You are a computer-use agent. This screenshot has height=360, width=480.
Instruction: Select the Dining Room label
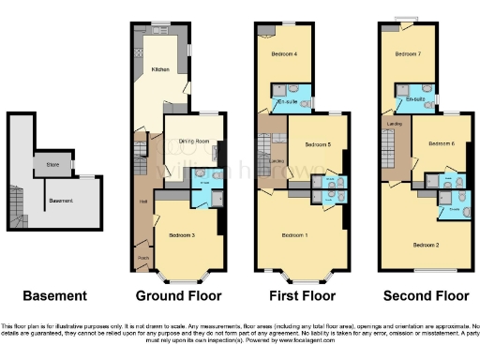pyautogui.click(x=191, y=142)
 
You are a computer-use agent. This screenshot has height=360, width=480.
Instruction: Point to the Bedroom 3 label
pyautogui.click(x=182, y=234)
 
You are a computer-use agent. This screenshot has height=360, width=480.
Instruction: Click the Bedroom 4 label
pyautogui.click(x=284, y=54)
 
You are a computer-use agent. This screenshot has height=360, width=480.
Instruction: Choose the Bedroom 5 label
pyautogui.click(x=316, y=145)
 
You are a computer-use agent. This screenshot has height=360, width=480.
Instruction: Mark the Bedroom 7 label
pyautogui.click(x=407, y=54)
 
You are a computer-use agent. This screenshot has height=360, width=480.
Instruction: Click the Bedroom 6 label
pyautogui.click(x=441, y=143)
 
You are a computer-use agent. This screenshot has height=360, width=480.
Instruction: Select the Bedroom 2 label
pyautogui.click(x=426, y=244)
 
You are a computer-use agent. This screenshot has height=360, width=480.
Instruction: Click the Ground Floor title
pyautogui.click(x=178, y=296)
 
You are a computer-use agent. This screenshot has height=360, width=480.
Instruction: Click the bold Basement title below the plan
pyautogui.click(x=54, y=296)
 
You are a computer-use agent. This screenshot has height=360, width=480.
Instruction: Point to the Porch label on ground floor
pyautogui.click(x=143, y=257)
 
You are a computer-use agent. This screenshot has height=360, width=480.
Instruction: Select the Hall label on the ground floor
pyautogui.click(x=142, y=201)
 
